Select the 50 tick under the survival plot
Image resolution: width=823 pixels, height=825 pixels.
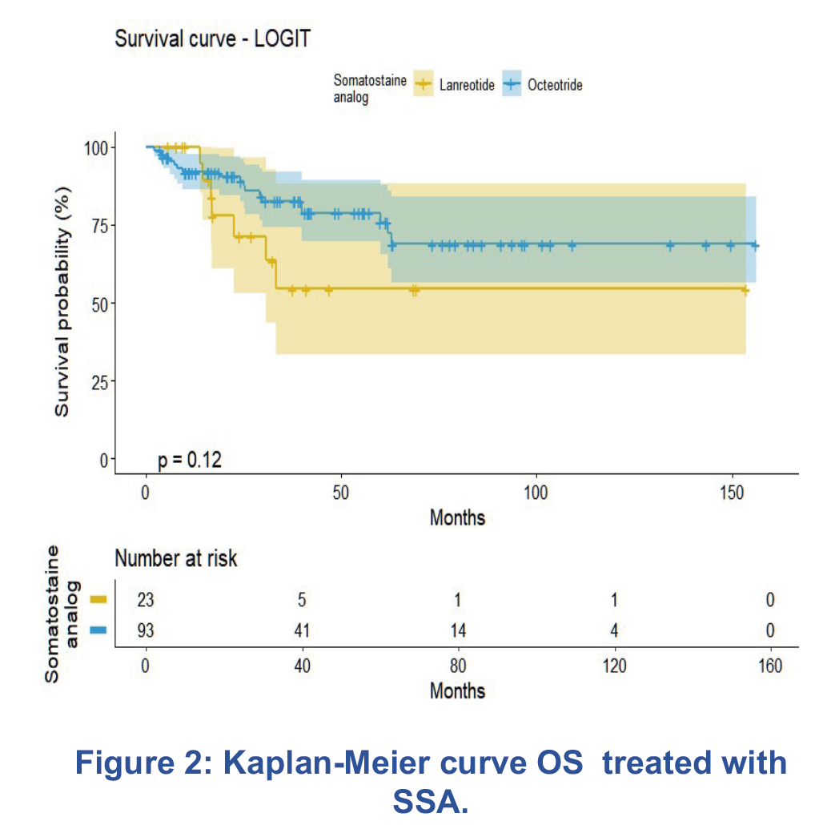341,491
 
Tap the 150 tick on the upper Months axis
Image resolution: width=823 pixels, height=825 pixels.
732,491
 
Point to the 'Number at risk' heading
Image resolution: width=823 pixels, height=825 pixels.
176,558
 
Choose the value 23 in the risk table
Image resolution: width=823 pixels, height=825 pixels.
146,601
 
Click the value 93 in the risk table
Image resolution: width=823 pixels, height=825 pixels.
146,630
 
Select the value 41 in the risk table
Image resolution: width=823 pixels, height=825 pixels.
302,630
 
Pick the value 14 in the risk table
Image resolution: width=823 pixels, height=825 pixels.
458,630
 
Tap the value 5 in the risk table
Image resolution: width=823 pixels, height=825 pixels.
302,601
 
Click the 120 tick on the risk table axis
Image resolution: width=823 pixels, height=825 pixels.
614,666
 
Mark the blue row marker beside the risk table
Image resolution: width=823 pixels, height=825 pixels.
98,630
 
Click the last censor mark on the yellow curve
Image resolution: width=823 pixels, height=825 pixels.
745,290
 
